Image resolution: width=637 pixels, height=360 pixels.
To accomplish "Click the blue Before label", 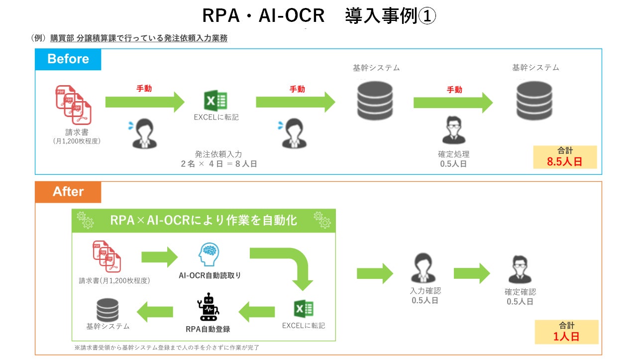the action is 68,59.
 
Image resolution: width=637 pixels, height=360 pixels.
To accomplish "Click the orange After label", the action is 68,192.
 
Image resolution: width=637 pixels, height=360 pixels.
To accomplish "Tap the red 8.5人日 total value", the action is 564,162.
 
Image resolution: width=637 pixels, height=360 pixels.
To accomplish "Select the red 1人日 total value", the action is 566,337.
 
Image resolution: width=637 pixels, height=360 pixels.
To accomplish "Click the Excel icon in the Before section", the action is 215,101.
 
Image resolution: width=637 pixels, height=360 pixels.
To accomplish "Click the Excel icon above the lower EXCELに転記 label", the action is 304,309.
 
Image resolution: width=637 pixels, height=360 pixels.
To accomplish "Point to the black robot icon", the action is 208,307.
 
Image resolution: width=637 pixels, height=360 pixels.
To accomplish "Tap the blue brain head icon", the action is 209,254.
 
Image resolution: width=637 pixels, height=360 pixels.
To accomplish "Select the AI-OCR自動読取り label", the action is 210,275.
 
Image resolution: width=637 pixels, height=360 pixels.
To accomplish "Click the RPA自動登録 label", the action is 208,329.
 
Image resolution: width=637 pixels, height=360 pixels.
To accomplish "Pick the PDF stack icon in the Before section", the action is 73,105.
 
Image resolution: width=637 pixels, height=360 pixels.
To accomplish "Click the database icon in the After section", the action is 107,310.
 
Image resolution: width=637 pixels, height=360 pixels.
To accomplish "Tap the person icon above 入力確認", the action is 423,268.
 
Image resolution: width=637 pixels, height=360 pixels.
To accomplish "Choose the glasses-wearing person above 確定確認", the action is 520,269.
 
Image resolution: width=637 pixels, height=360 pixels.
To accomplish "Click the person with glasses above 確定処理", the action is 453,130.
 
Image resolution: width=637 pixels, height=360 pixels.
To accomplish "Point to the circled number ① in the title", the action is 427,16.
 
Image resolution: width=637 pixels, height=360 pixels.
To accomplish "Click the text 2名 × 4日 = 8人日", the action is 219,164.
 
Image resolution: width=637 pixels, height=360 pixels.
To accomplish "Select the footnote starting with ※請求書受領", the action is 167,348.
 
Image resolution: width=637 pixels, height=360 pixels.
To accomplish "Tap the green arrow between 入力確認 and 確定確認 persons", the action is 472,273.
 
